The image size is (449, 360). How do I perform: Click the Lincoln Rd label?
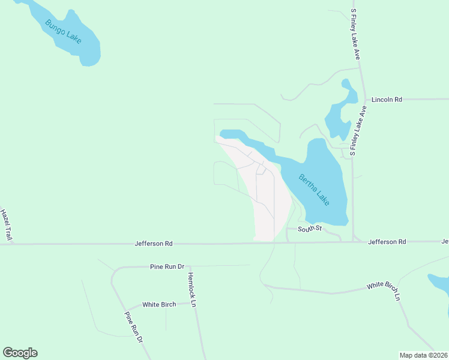[x=387, y=100]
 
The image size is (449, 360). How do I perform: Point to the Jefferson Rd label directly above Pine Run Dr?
[x=152, y=244]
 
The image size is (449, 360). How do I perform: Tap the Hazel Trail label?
[x=6, y=226]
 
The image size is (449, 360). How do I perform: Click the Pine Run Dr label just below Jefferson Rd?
[x=166, y=266]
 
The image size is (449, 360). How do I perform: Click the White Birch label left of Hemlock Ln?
[x=159, y=304]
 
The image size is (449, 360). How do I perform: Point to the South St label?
[x=310, y=229]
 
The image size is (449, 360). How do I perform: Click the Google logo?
[x=20, y=353]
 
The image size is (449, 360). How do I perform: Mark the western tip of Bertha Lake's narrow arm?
[x=221, y=133]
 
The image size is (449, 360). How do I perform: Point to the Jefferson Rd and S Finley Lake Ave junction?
[x=354, y=242]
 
